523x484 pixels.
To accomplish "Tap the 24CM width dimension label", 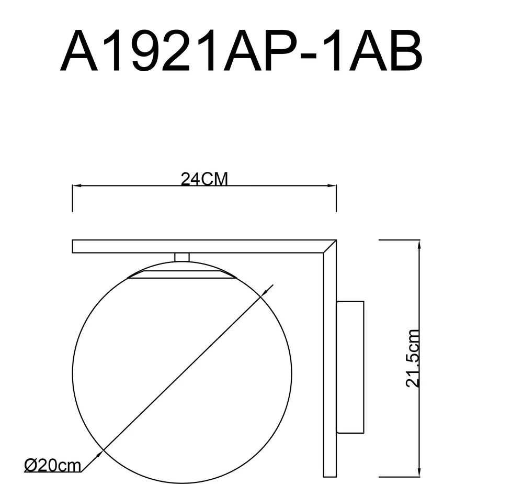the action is click(204, 179).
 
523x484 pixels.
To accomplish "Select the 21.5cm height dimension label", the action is click(412, 358).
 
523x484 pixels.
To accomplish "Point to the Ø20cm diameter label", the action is click(53, 465).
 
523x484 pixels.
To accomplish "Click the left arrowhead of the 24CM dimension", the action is click(77, 185).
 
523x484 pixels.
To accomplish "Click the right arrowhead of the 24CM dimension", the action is click(332, 185).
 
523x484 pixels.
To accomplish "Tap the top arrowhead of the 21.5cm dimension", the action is click(419, 245).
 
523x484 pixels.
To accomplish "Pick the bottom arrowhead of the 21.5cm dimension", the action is click(419, 472).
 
